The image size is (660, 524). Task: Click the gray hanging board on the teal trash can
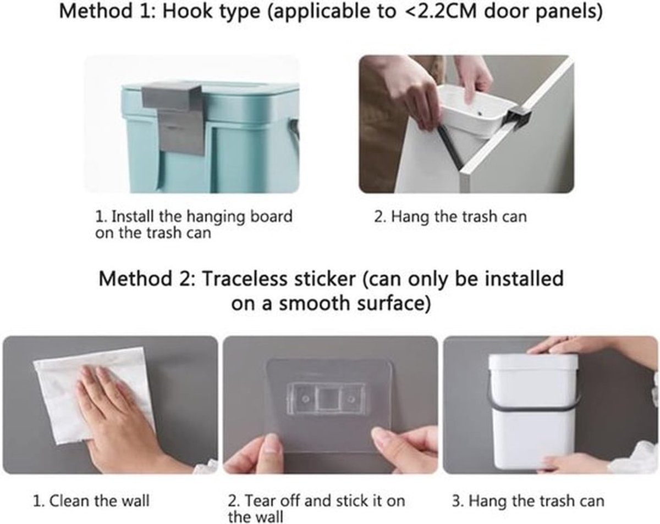173,119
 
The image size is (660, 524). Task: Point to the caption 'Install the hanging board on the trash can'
194,225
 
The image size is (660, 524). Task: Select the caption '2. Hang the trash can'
450,217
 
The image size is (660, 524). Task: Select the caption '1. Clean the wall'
91,501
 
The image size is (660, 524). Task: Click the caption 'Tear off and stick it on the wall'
316,509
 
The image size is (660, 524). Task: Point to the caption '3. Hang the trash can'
528,501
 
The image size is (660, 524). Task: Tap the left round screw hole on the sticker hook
305,399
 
